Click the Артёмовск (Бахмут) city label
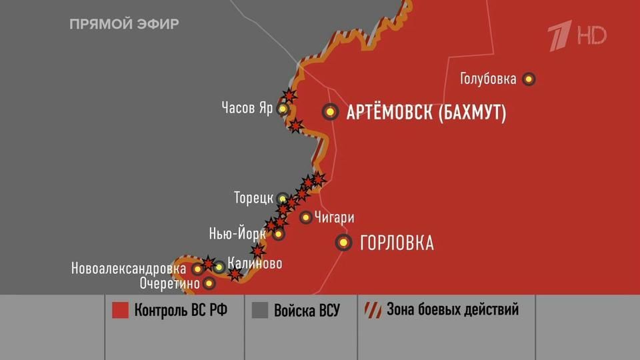pos(426,113)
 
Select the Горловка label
pos(397,243)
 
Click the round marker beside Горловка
pos(344,243)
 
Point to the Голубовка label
pos(488,79)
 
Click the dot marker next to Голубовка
pos(529,79)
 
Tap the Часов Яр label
pos(247,108)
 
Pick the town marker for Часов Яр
pos(283,109)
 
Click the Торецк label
pos(253,198)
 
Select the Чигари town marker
pos(305,217)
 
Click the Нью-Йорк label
pos(237,234)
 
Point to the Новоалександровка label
pos(129,269)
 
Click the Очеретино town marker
pos(209,283)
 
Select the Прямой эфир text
pos(124,25)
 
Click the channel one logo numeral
pos(559,36)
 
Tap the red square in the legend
pos(120,311)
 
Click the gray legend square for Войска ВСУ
pos(260,311)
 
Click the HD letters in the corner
pos(591,35)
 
